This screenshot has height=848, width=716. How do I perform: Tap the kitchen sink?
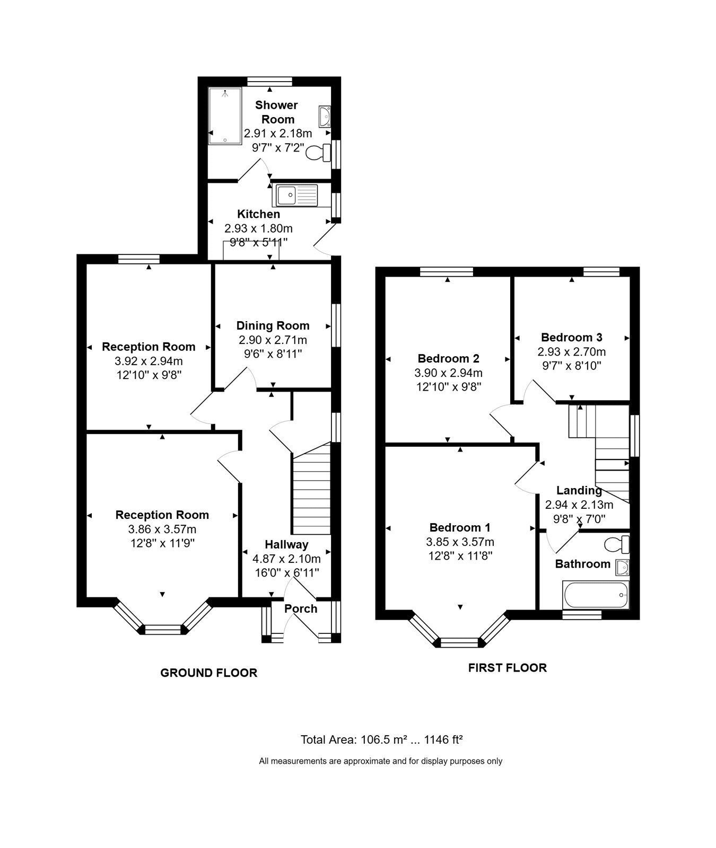coord(295,196)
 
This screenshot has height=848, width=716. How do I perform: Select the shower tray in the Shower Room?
coord(225,116)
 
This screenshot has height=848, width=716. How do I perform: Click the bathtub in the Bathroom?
coord(596,595)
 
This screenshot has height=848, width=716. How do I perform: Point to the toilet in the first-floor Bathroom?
coord(617,544)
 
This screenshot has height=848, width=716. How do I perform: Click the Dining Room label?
coord(273,325)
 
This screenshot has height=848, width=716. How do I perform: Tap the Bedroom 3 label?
coord(571,337)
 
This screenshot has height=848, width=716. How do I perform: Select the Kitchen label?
coord(258,214)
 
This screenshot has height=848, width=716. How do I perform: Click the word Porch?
coord(301,608)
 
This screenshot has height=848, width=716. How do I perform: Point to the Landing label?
coord(579,490)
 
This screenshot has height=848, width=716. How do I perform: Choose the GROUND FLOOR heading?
coord(209,673)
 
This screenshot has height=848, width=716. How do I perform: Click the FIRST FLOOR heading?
coord(507,667)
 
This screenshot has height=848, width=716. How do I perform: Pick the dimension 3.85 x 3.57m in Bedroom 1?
coord(460,542)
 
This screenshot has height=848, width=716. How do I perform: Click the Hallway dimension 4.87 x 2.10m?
coord(286,559)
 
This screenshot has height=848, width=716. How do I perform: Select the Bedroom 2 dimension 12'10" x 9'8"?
coord(448,387)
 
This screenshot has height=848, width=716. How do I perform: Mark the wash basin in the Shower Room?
coord(325,115)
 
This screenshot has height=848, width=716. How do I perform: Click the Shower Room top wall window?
coord(270,81)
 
